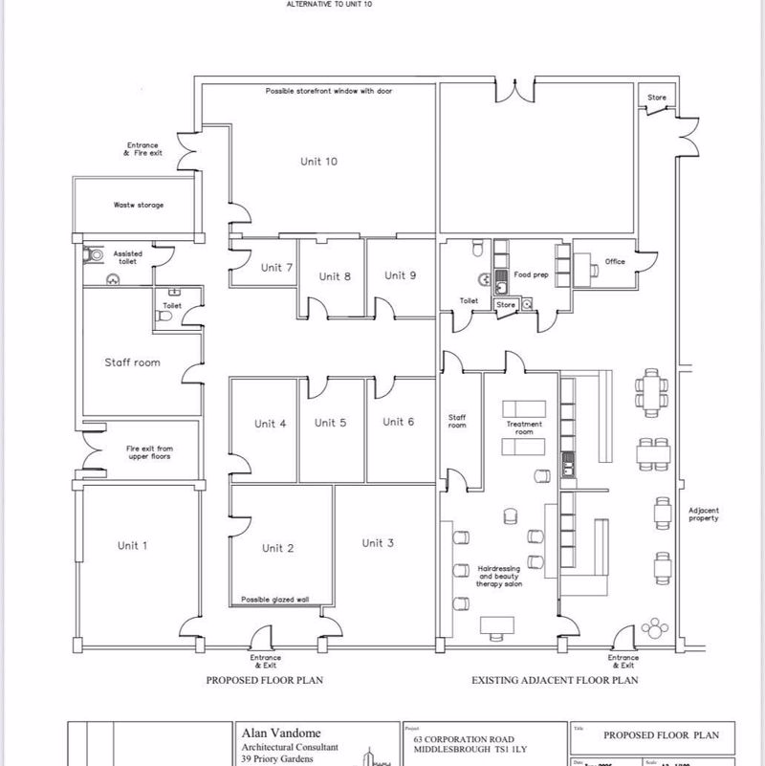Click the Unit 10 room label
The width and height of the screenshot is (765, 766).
pyautogui.click(x=317, y=162)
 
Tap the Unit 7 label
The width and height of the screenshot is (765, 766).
pyautogui.click(x=276, y=268)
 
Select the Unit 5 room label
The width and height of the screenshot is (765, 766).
pyautogui.click(x=330, y=423)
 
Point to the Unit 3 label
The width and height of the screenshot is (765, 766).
pyautogui.click(x=378, y=543)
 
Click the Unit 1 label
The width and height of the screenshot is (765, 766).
pyautogui.click(x=132, y=545)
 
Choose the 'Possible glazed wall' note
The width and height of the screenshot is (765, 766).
pyautogui.click(x=274, y=600)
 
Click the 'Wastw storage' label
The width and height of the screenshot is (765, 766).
pyautogui.click(x=138, y=205)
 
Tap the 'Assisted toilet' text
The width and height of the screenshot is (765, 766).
pyautogui.click(x=127, y=258)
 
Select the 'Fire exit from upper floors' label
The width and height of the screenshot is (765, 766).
pyautogui.click(x=149, y=452)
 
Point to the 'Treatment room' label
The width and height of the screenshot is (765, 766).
pyautogui.click(x=523, y=427)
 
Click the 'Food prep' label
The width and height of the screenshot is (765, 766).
pyautogui.click(x=531, y=274)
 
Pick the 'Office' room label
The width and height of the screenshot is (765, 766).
pyautogui.click(x=614, y=261)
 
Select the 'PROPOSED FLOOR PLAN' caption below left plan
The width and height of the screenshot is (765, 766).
pyautogui.click(x=265, y=681)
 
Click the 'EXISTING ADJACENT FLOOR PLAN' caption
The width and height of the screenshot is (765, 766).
pyautogui.click(x=555, y=681)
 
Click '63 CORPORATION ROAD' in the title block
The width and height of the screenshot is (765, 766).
pyautogui.click(x=462, y=739)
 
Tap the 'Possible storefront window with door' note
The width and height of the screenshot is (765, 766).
pyautogui.click(x=329, y=91)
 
